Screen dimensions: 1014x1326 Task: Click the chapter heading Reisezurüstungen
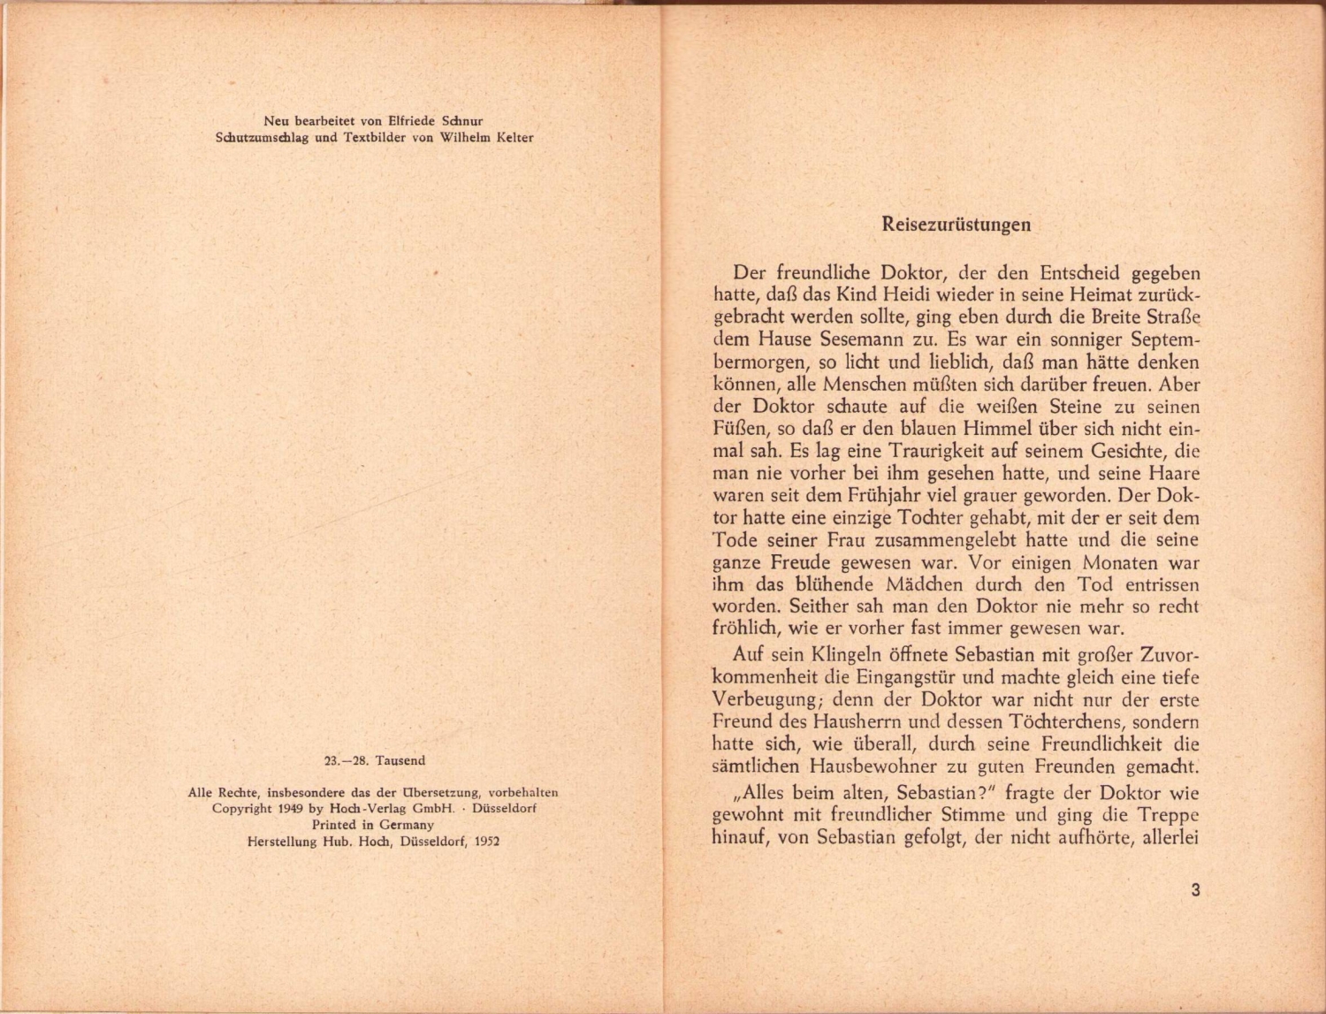(956, 225)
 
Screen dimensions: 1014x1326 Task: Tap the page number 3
(1195, 890)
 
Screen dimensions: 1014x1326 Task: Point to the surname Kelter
(514, 137)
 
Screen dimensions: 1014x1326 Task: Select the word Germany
(407, 824)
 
